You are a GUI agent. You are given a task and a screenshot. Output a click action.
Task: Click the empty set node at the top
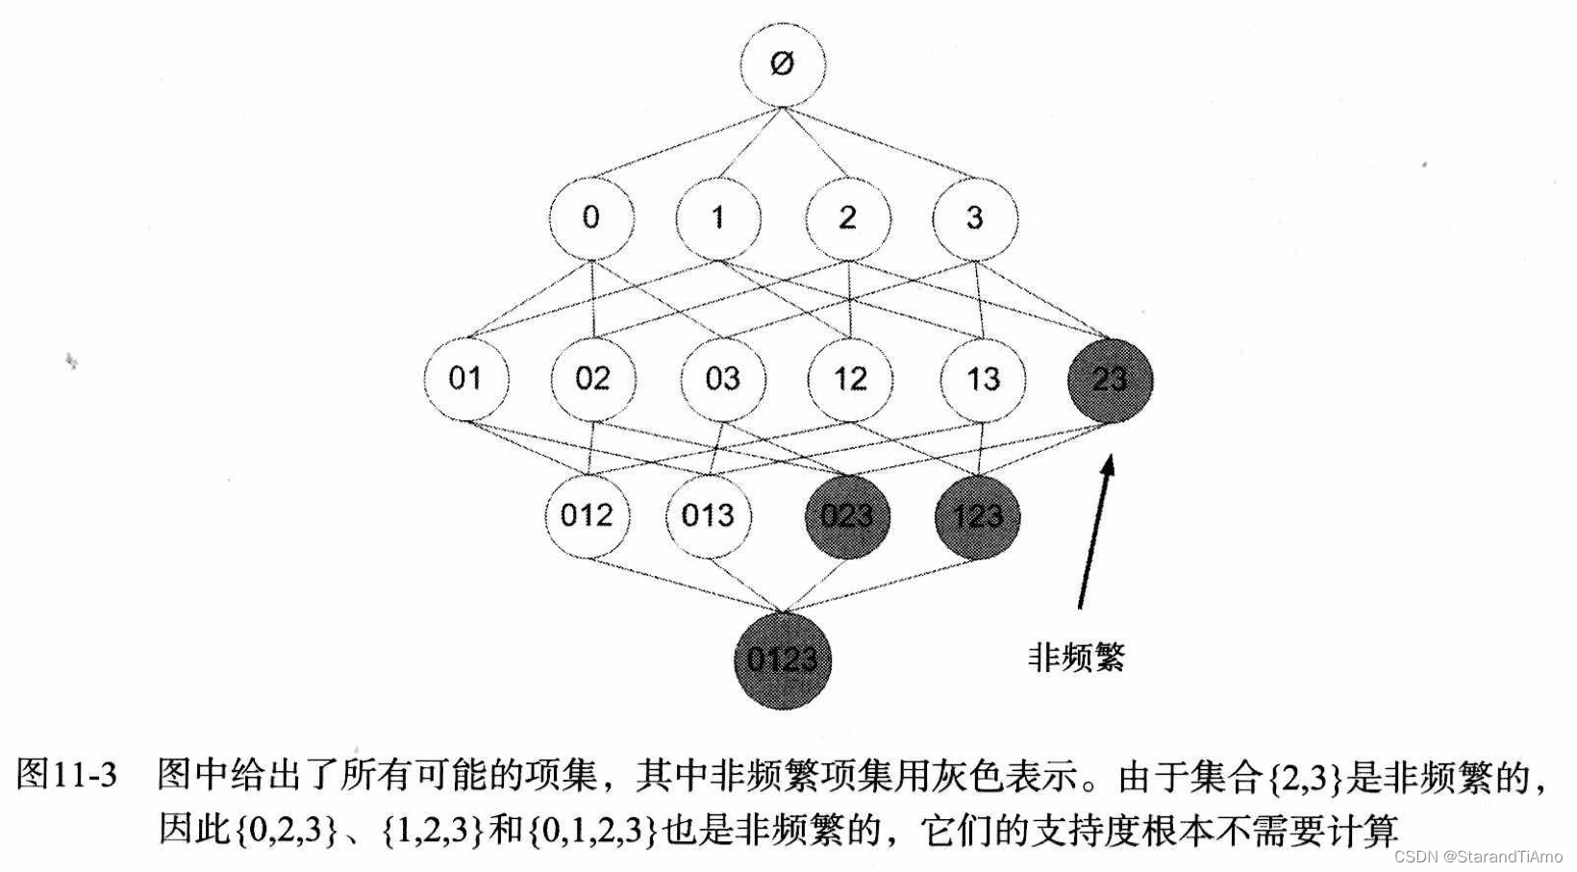coord(782,64)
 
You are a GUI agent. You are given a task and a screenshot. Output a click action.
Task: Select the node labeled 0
coord(590,217)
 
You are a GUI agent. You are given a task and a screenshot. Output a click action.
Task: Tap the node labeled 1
coord(717,217)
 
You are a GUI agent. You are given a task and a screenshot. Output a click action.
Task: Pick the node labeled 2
coord(847,217)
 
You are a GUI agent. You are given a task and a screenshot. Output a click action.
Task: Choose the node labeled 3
coord(974,217)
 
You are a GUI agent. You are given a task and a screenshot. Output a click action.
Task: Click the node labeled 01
coord(465,378)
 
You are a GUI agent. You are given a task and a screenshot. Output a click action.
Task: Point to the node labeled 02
coord(592,378)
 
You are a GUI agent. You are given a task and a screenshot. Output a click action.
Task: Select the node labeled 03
coord(722,378)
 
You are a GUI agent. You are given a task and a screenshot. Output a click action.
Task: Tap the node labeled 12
coord(850,378)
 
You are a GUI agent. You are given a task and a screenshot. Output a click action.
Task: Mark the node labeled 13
coord(982,378)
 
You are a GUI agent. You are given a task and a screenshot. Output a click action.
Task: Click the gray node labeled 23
coord(1110,379)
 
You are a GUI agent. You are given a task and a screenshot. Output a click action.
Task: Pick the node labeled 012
coord(587,515)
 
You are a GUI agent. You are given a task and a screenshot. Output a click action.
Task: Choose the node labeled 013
coord(708,515)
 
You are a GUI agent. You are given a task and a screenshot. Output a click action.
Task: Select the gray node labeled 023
coord(847,516)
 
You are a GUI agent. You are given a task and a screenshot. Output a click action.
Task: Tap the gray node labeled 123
coord(977,516)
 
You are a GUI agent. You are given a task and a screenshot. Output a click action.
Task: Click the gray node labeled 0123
coord(782,660)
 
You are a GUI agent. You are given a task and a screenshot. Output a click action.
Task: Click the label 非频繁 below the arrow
coord(1076,658)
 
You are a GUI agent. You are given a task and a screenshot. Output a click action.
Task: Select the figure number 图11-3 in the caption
coord(67,776)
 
